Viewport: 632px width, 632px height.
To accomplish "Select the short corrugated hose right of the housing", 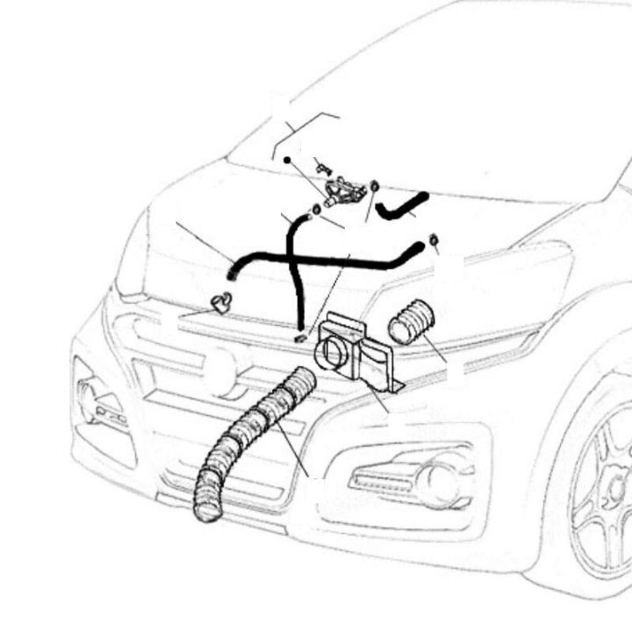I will [411, 323].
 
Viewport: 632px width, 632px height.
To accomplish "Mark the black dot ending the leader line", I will [287, 161].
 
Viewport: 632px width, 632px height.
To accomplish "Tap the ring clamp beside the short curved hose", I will [375, 186].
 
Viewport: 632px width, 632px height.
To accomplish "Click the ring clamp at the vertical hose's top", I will [313, 210].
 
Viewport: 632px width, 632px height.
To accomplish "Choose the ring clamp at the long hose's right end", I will [434, 241].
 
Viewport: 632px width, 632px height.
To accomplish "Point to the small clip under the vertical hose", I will [300, 337].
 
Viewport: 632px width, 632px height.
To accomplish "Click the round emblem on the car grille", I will [220, 371].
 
